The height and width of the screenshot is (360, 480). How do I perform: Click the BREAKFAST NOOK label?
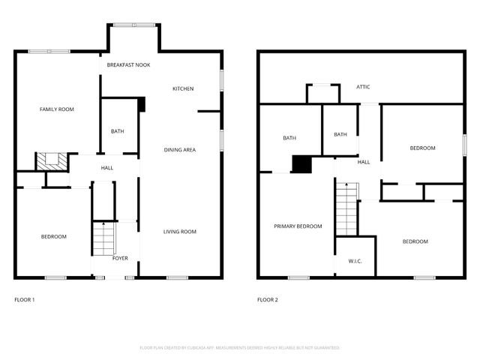[128, 65]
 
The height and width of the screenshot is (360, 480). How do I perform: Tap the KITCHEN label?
[183, 88]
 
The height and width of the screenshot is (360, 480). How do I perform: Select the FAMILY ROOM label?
[57, 109]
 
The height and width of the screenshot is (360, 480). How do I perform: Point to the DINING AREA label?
[180, 150]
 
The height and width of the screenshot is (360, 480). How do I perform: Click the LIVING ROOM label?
[180, 232]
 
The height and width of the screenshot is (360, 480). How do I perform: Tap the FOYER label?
[120, 258]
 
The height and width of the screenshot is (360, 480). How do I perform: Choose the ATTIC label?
[363, 87]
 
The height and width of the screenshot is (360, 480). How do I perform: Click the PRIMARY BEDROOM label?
[298, 226]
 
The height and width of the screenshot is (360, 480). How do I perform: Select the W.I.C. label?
[355, 261]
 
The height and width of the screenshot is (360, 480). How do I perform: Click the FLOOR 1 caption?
[25, 300]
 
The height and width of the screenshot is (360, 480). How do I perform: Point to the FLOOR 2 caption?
[268, 300]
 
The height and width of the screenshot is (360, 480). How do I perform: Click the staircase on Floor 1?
[102, 238]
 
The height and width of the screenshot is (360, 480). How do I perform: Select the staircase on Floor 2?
[346, 211]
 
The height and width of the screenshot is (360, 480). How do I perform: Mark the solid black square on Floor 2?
[301, 164]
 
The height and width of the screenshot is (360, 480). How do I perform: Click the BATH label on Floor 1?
[118, 131]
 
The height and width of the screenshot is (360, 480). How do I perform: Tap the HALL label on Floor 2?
[364, 162]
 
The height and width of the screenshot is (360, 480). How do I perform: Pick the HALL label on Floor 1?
[107, 167]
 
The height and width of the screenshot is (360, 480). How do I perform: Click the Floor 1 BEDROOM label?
[54, 237]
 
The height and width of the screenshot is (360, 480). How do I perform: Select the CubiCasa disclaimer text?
[240, 348]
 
